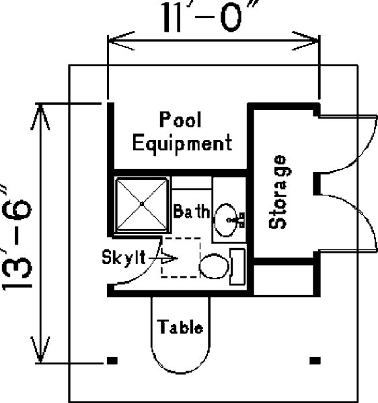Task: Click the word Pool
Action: pos(180,119)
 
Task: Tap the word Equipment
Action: pos(182,144)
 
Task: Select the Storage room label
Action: pos(277,192)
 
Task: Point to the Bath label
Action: pos(192,211)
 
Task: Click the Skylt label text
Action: pos(124,257)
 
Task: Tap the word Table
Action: pos(180,327)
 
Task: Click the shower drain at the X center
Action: pos(142,204)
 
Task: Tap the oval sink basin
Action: pos(225,220)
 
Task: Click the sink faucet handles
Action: pos(239,220)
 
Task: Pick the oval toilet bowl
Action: pos(214,266)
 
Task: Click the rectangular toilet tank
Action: pos(237,267)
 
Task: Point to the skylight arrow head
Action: pos(169,258)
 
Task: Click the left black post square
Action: pos(112,361)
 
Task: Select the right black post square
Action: pos(315,361)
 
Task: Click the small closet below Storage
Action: pos(283,280)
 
